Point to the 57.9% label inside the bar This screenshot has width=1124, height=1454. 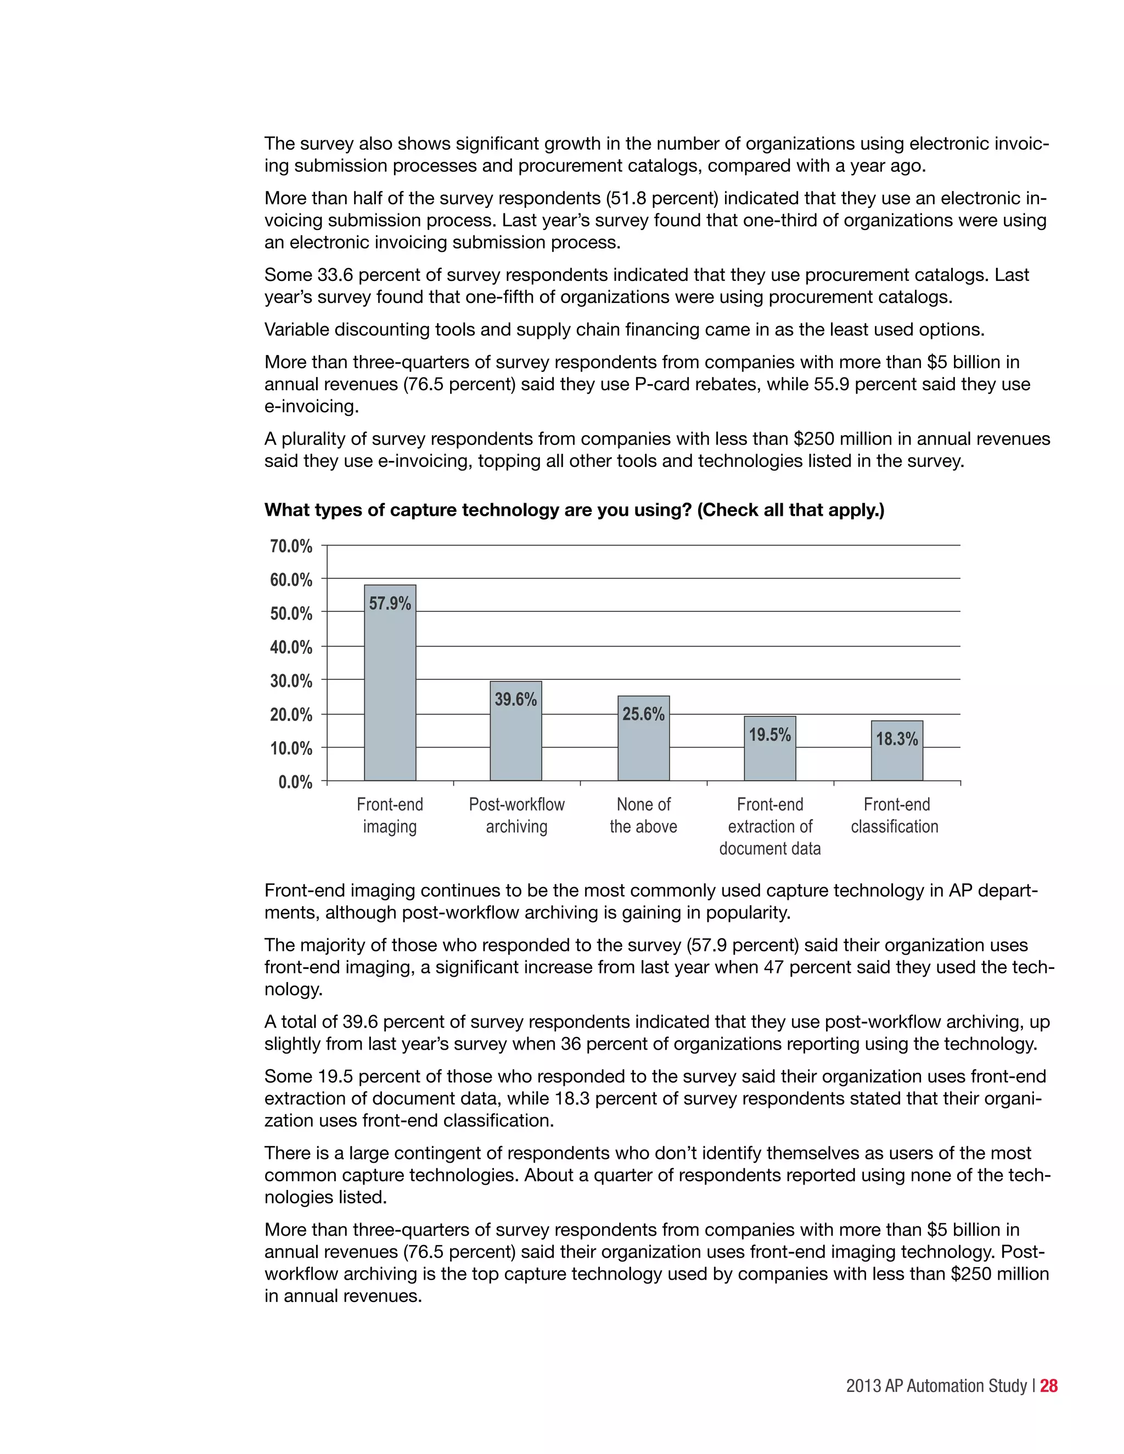coord(390,603)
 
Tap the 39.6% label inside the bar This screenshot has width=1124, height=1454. coord(515,699)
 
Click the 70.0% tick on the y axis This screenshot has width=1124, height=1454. coord(291,546)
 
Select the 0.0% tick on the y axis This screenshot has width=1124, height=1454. coord(295,781)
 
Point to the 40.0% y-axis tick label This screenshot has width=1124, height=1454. coord(291,646)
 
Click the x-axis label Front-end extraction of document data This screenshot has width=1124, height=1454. coord(770,826)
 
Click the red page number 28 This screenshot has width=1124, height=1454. coord(1049,1385)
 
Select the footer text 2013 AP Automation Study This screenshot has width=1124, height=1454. coord(936,1385)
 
